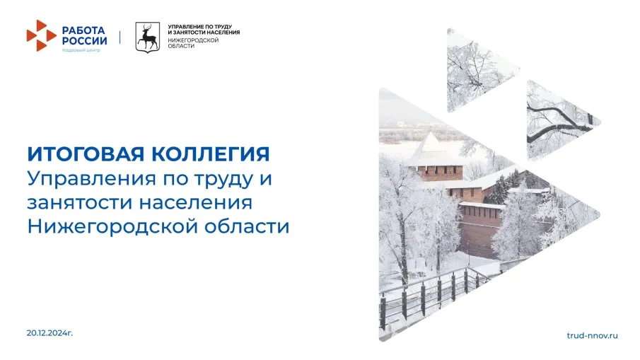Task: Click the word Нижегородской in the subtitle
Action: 107,227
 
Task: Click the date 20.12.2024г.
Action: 50,332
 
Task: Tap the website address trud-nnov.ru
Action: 593,334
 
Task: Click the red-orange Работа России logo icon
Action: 40,35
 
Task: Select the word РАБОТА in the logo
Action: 83,30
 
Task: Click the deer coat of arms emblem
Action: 148,37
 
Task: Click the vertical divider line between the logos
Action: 120,36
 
